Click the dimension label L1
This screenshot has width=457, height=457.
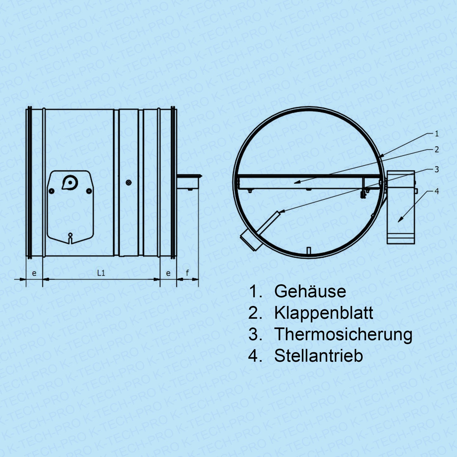(x=101, y=273)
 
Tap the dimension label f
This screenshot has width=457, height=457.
(x=187, y=273)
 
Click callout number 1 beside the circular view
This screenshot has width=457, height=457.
(x=437, y=134)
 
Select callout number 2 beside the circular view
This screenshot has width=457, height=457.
(x=437, y=149)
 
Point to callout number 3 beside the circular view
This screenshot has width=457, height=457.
(x=437, y=169)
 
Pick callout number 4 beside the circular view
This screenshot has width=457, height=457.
(x=437, y=191)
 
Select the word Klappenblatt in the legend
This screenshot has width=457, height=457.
(x=324, y=313)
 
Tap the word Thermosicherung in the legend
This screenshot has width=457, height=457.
(x=343, y=334)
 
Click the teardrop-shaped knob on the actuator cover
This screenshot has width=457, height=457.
(x=70, y=182)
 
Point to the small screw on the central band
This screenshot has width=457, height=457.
(x=129, y=182)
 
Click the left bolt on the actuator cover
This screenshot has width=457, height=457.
(x=51, y=191)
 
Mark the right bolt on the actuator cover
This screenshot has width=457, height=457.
(x=89, y=191)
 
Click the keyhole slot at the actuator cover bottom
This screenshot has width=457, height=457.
(x=70, y=238)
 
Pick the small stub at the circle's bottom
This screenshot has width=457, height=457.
(x=308, y=250)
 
